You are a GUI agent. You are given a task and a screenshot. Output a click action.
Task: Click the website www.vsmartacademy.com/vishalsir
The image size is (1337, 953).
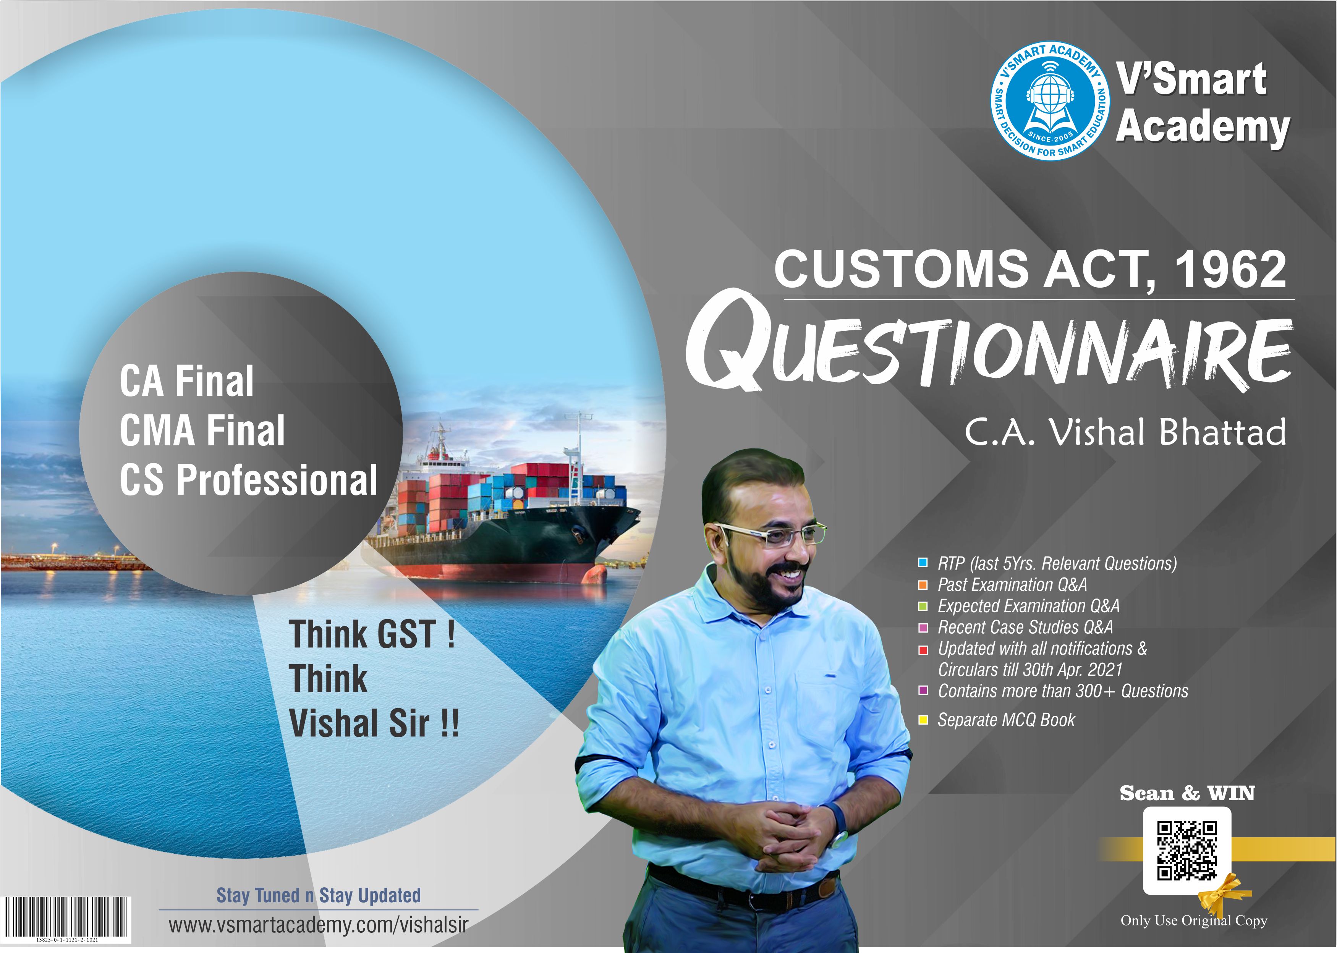[318, 925]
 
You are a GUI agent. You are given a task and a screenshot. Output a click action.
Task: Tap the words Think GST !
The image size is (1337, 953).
[372, 634]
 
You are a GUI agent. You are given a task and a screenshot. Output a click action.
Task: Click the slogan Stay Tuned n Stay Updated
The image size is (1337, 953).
[319, 895]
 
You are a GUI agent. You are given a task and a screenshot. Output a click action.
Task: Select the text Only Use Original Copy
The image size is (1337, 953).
[1194, 920]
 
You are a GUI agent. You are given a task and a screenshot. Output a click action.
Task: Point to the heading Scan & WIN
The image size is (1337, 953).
[1187, 793]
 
